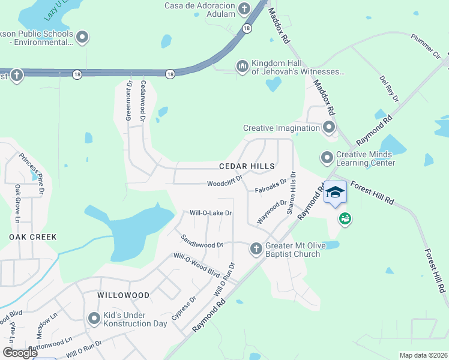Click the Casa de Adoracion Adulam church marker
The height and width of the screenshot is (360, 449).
[x=244, y=8]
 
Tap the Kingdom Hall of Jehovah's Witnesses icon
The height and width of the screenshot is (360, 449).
[x=243, y=66]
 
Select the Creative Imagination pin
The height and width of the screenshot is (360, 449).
[x=328, y=127]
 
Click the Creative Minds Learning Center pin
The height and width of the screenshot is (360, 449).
[x=327, y=158]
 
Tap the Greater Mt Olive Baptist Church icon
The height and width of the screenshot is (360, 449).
[x=256, y=248]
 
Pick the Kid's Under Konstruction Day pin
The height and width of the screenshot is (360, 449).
[x=94, y=319]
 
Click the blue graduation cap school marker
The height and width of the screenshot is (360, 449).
[x=336, y=193]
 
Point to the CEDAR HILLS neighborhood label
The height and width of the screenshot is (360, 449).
[x=247, y=166]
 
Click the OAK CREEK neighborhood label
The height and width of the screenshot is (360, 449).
[x=33, y=237]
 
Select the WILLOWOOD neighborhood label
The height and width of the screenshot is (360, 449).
[x=123, y=296]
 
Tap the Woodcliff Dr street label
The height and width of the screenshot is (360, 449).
[x=224, y=182]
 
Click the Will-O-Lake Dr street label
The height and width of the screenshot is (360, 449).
[x=211, y=213]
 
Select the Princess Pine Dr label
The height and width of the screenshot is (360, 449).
[x=32, y=173]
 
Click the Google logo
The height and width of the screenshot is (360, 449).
[x=20, y=353]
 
